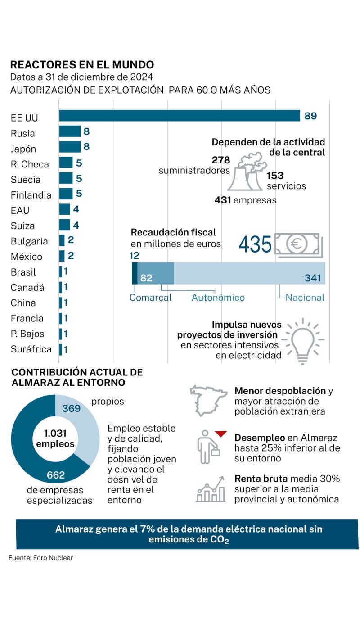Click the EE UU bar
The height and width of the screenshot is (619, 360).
[180, 116]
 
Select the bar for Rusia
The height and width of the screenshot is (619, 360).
[70, 131]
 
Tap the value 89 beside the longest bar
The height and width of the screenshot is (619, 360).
[310, 116]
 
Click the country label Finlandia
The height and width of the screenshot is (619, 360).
[31, 195]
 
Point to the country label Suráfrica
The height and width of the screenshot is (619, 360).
[31, 349]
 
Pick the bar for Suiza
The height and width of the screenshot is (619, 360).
[64, 225]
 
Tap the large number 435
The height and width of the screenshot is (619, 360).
[255, 244]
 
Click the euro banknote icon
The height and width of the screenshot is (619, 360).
[298, 245]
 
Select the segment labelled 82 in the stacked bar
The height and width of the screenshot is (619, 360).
[156, 273]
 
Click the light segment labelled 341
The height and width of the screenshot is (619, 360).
[250, 273]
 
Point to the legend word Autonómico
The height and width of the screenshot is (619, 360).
[218, 298]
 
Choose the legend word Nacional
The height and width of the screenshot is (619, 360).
[305, 298]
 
